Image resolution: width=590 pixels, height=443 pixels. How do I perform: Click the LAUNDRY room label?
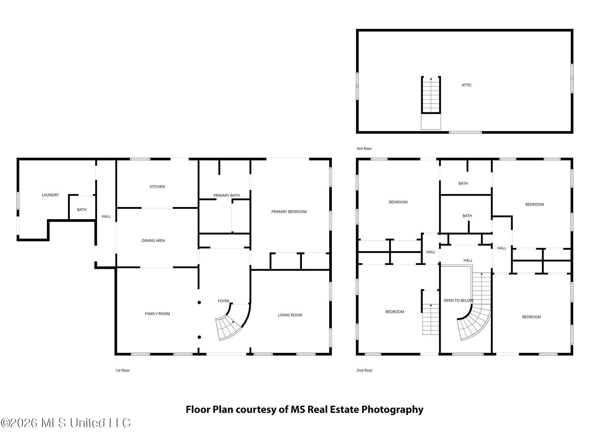pyautogui.click(x=50, y=195)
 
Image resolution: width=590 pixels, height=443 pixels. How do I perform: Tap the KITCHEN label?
pyautogui.click(x=157, y=187)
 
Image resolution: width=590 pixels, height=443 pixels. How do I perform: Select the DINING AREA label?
pyautogui.click(x=153, y=241)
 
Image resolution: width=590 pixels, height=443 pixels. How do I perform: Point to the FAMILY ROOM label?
pyautogui.click(x=157, y=314)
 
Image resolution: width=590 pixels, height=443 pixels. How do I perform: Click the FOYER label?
pyautogui.click(x=223, y=301)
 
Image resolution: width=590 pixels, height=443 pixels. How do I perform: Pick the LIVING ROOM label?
pyautogui.click(x=290, y=315)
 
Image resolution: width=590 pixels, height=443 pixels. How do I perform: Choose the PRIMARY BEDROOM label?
pyautogui.click(x=289, y=212)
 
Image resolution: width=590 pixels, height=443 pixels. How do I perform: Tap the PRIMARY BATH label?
pyautogui.click(x=226, y=195)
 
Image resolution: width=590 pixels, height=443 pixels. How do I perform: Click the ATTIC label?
pyautogui.click(x=466, y=85)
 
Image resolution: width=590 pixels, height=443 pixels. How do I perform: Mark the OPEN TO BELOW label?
pyautogui.click(x=458, y=301)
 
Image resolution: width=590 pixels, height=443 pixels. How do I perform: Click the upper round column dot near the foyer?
pyautogui.click(x=199, y=303)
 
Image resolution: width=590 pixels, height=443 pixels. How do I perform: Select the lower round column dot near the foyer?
pyautogui.click(x=199, y=337)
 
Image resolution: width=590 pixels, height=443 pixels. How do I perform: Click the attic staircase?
pyautogui.click(x=431, y=95)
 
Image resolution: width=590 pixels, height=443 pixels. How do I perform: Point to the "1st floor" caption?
pyautogui.click(x=122, y=370)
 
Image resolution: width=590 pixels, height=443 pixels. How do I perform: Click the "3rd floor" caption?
pyautogui.click(x=364, y=149)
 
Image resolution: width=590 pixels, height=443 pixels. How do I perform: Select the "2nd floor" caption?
pyautogui.click(x=364, y=370)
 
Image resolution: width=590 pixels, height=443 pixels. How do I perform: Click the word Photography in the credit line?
pyautogui.click(x=392, y=410)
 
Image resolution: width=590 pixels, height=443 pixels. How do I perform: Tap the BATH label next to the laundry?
pyautogui.click(x=82, y=210)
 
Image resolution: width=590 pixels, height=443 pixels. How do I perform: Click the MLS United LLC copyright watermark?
pyautogui.click(x=66, y=423)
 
